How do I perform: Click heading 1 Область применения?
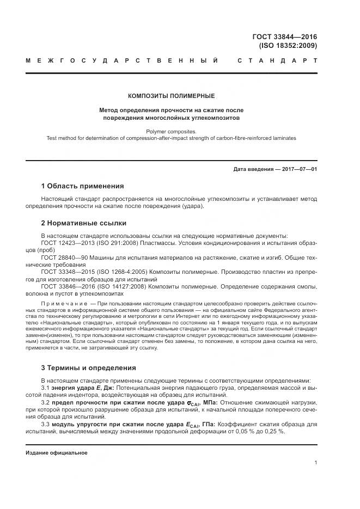click(82, 186)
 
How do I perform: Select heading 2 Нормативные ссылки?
click(84, 223)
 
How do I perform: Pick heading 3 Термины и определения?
click(89, 368)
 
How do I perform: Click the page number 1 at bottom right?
click(316, 462)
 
